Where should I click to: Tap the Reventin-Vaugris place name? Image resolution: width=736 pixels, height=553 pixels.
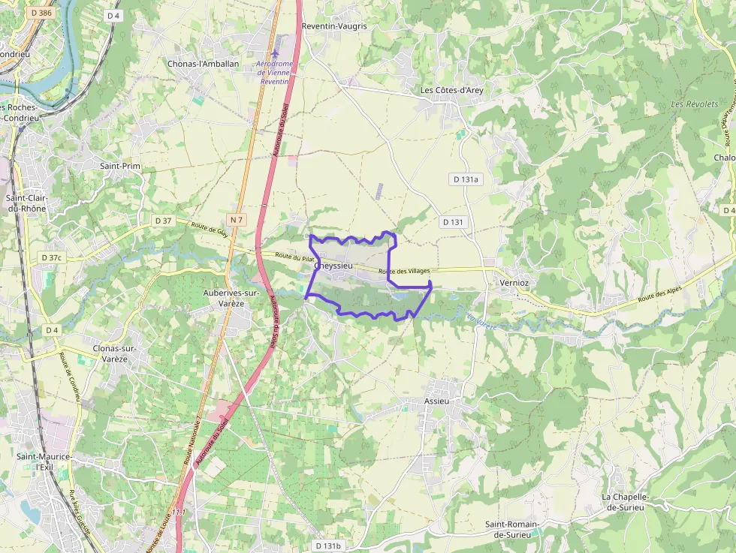[x=334, y=26]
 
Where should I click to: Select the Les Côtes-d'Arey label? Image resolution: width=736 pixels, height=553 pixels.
[x=451, y=91]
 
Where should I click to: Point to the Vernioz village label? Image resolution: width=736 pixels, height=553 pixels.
[x=514, y=282]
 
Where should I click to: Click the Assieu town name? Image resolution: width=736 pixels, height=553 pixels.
[x=436, y=401]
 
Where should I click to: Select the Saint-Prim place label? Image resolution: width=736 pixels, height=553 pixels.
[x=120, y=166]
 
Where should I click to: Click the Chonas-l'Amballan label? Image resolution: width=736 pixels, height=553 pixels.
[x=204, y=64]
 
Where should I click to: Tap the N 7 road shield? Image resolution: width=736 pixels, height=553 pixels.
[x=237, y=219]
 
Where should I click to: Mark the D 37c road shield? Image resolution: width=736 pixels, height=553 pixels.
[x=51, y=257]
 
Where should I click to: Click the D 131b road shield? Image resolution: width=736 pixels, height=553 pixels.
[x=327, y=545]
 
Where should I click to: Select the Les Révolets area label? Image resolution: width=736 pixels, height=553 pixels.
[x=695, y=104]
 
